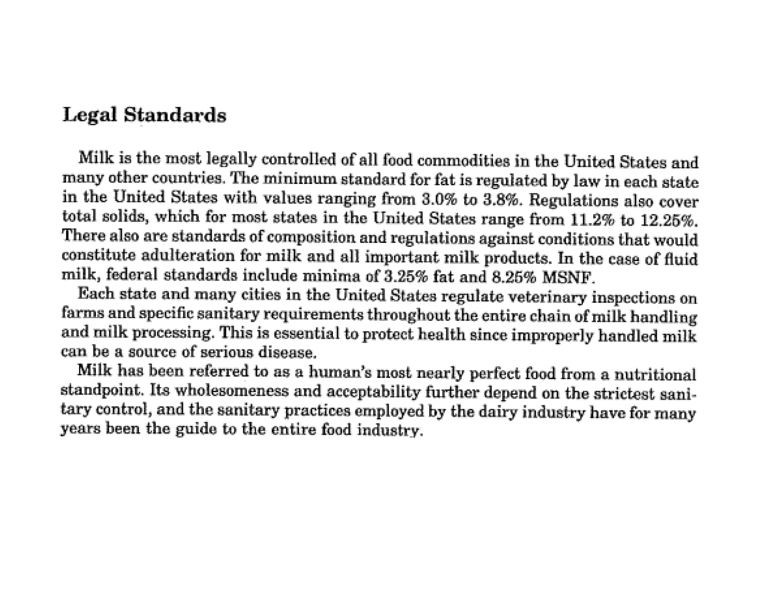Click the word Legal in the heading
[x=89, y=115]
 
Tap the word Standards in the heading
[x=175, y=115]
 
